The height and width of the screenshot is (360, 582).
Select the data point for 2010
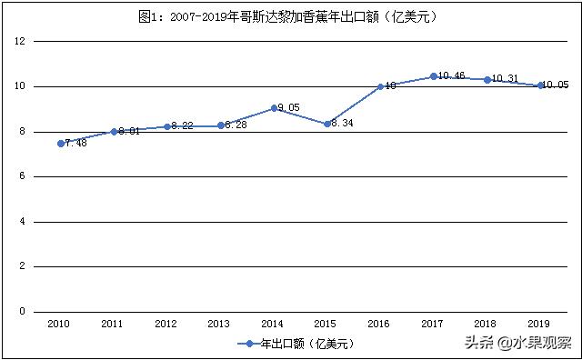point(61,144)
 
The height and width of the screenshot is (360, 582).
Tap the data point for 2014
point(274,108)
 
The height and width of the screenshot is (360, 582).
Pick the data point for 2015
point(327,124)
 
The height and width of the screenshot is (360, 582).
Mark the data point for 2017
point(434,76)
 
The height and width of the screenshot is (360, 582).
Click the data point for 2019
point(540,85)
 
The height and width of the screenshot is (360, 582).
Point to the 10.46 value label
point(452,76)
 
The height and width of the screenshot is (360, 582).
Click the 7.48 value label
point(76,144)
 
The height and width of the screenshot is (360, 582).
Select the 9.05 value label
point(289,108)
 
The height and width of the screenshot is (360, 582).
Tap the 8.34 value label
point(343,124)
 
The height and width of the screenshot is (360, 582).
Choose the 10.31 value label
point(506,80)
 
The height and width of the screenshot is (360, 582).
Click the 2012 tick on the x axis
point(166,324)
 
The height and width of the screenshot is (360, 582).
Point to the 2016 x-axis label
point(380,324)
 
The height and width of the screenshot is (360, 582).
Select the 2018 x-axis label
point(487,324)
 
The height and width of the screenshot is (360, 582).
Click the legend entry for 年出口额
point(294,344)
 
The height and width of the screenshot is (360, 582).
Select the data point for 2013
point(221,125)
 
